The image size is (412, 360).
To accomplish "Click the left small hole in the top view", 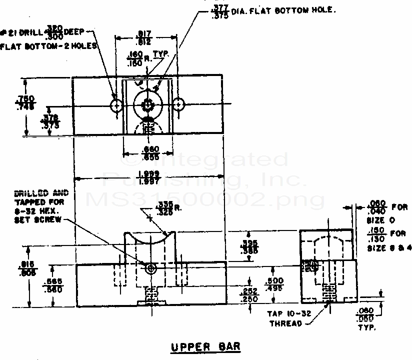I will click(117, 105).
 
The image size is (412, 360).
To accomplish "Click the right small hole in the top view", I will click(178, 104).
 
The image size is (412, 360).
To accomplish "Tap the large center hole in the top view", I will click(147, 105).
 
